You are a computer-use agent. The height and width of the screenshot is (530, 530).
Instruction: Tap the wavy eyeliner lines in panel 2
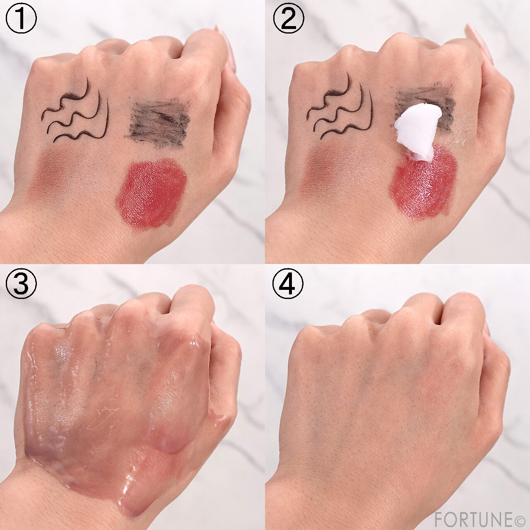coord(340,107)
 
